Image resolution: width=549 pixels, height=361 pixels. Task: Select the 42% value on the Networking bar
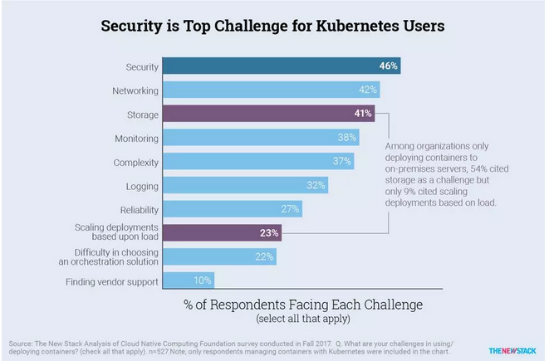[x=367, y=89]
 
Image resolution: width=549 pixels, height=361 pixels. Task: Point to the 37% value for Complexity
[x=342, y=161]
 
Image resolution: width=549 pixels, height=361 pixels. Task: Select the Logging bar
[x=233, y=185]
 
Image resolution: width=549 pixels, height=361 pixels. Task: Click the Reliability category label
[x=135, y=209]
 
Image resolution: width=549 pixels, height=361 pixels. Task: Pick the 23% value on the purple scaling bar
[x=269, y=233]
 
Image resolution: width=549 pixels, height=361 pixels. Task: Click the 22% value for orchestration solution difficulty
[x=264, y=257]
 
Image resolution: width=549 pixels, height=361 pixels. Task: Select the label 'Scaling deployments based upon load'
[x=117, y=233]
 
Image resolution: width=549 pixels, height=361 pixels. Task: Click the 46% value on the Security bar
[x=387, y=65]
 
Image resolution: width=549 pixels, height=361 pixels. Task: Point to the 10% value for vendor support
[x=202, y=281]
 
